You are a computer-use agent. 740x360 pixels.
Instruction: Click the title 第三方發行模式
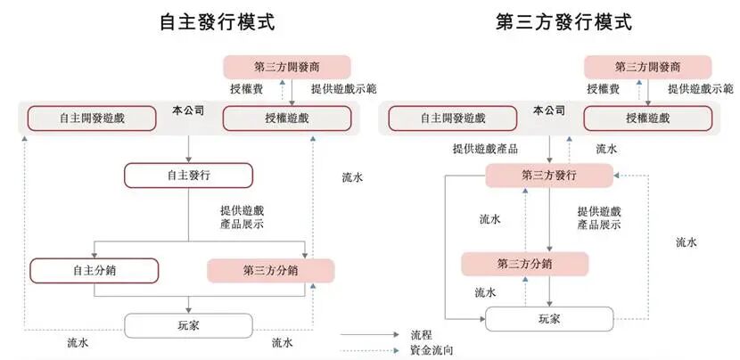(563, 22)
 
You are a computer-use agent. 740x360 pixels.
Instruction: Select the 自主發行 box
(188, 176)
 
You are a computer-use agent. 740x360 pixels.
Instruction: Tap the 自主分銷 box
(94, 271)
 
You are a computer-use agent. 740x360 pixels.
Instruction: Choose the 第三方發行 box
(549, 176)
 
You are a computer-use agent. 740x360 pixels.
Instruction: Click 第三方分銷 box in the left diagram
(270, 271)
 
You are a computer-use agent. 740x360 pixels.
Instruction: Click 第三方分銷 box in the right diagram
(524, 264)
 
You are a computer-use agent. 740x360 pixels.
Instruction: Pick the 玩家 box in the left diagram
(188, 325)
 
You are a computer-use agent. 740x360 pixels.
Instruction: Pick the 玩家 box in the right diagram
(549, 318)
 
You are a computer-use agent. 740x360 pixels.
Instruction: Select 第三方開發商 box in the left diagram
(287, 68)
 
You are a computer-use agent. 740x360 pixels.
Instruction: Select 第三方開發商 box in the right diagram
(648, 68)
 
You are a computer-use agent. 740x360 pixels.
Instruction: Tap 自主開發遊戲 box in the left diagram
(85, 119)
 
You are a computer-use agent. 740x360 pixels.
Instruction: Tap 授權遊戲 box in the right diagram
(648, 119)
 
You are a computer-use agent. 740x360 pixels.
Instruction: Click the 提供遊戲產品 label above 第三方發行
(485, 149)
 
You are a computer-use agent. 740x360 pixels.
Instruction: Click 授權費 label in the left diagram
(245, 89)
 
